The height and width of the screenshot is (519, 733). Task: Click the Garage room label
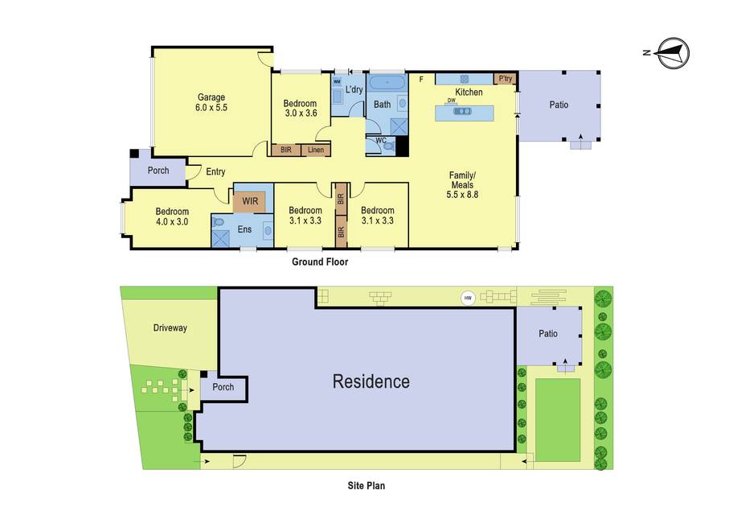[211, 97]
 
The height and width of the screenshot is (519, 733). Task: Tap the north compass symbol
[671, 52]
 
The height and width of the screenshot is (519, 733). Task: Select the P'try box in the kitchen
[506, 79]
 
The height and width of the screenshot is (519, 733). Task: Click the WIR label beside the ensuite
[250, 201]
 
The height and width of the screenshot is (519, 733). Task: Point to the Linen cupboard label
[316, 150]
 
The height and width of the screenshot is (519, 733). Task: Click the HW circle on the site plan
[468, 298]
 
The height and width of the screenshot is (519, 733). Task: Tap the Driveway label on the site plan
[170, 327]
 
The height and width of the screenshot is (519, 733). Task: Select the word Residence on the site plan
[371, 381]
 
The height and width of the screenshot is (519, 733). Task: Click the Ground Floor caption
[320, 262]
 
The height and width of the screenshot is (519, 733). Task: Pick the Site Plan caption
[366, 485]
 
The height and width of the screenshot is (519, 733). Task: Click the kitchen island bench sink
[463, 111]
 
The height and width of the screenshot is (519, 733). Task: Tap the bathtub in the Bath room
[387, 83]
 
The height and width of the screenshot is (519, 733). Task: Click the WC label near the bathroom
[381, 140]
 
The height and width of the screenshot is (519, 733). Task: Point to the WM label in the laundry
[337, 81]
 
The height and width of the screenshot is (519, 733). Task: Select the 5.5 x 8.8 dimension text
[462, 195]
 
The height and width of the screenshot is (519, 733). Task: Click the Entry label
[215, 171]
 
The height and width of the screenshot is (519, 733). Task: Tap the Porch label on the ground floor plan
[158, 171]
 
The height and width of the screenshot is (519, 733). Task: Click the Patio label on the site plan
[548, 333]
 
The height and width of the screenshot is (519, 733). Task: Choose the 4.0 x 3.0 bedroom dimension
[172, 222]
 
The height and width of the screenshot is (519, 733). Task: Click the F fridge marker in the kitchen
[421, 80]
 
